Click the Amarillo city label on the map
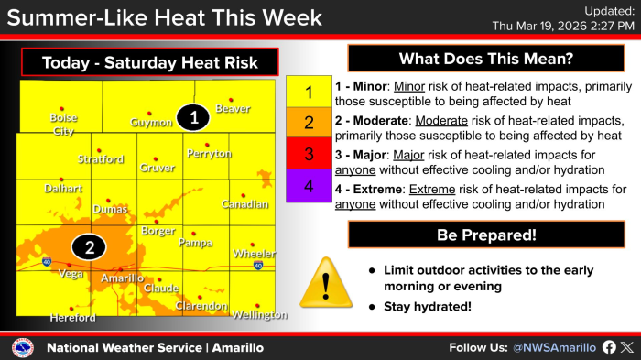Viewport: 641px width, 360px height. point(122,278)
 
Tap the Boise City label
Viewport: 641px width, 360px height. point(63,125)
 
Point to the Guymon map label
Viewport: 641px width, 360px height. point(151,123)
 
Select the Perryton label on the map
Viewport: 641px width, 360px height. point(209,154)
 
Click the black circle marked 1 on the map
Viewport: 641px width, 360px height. point(193,118)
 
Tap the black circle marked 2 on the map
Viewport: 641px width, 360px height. point(89,247)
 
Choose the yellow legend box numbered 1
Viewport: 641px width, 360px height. point(309,92)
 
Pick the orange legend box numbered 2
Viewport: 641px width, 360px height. point(309,123)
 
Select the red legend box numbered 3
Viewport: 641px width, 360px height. point(309,153)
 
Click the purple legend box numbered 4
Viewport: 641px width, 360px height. point(309,186)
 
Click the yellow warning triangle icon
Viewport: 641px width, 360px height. point(326,283)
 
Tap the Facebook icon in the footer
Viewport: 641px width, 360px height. point(609,347)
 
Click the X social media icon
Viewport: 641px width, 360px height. point(627,347)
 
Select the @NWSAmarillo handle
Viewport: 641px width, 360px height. point(554,348)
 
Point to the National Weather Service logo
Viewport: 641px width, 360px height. point(23,348)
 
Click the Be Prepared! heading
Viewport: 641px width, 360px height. point(486,235)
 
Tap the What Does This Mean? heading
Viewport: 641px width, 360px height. point(486,59)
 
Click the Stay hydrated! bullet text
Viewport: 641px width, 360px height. point(428,306)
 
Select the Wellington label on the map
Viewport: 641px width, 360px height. point(259,314)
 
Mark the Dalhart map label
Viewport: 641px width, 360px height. point(63,189)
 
